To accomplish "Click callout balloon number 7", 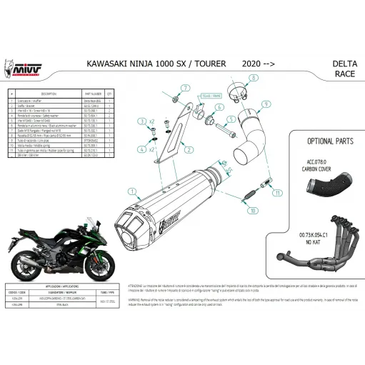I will point(184,89).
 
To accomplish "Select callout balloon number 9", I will point(265,105).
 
